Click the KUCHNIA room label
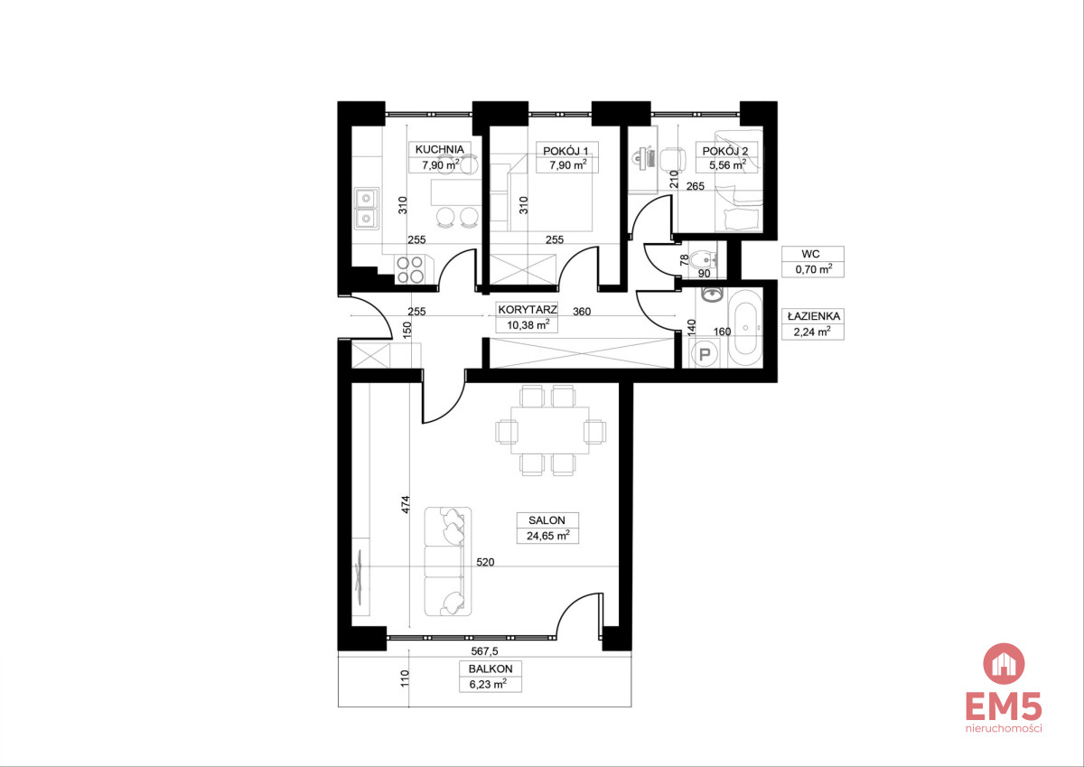click(439, 150)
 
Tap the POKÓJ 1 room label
click(565, 151)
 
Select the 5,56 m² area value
click(727, 165)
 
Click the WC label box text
click(810, 254)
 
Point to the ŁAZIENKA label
click(814, 316)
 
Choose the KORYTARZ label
click(528, 310)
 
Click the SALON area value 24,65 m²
click(547, 536)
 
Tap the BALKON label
click(491, 669)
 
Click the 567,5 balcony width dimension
click(484, 652)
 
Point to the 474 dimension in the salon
click(406, 504)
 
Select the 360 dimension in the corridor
click(582, 312)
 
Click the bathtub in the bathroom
click(745, 328)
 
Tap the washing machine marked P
click(704, 354)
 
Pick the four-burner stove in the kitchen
click(410, 269)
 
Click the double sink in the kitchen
click(367, 209)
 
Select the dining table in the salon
click(550, 430)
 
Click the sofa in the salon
click(448, 561)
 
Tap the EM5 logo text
click(1004, 706)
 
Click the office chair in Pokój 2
click(673, 159)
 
